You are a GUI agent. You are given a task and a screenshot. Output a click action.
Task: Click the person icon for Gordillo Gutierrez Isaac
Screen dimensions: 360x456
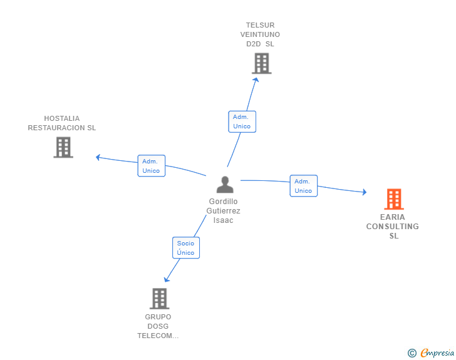click(225, 185)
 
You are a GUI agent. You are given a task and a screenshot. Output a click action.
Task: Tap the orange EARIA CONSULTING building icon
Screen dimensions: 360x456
click(393, 199)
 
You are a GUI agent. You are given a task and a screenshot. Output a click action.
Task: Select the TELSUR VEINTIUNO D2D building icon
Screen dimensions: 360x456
click(261, 63)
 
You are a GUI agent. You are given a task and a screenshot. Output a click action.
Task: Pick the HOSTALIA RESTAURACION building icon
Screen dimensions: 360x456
click(63, 147)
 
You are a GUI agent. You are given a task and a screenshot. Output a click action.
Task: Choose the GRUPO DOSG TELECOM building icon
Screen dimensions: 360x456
click(159, 299)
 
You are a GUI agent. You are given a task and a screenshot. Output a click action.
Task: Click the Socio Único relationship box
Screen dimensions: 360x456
click(185, 248)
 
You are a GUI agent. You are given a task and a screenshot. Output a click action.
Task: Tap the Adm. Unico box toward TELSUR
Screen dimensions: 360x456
click(242, 121)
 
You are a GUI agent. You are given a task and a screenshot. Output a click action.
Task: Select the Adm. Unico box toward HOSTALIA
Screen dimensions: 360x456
click(151, 166)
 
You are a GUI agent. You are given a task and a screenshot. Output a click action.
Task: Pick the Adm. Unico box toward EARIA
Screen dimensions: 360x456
click(303, 186)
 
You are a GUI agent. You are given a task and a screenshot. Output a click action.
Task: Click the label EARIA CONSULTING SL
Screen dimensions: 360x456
click(393, 227)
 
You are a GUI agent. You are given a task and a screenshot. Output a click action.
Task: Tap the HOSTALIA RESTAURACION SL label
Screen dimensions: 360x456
click(62, 123)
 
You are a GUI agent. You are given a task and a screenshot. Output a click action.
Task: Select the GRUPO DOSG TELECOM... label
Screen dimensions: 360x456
click(158, 326)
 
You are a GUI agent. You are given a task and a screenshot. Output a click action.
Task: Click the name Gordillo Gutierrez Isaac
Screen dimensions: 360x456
click(224, 211)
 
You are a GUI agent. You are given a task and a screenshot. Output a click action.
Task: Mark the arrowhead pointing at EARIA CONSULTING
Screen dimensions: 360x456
click(364, 192)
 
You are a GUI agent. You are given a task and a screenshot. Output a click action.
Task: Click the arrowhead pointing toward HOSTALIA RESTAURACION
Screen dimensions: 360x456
click(98, 157)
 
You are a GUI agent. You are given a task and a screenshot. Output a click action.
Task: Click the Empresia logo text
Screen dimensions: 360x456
click(437, 353)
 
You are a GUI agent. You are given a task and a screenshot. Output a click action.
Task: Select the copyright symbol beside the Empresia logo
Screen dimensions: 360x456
click(412, 353)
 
